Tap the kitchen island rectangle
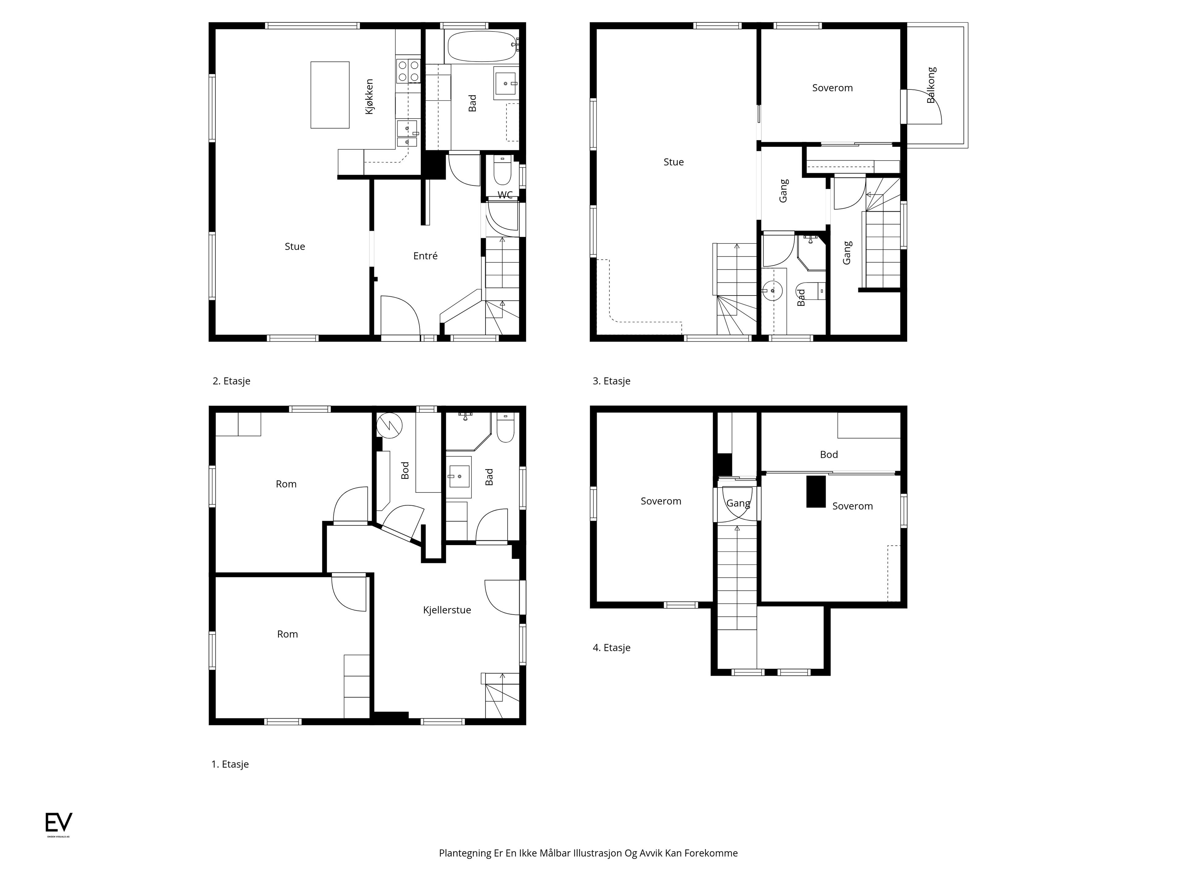(x=330, y=95)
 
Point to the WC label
(x=505, y=195)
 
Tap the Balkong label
(x=931, y=85)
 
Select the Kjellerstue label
(x=447, y=610)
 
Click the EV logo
(x=59, y=823)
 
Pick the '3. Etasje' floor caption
(x=611, y=381)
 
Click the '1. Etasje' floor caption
(x=230, y=764)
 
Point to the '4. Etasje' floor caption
(x=611, y=648)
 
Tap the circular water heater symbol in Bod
(x=390, y=426)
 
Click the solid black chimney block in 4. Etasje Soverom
(x=816, y=491)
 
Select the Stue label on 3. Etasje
(x=674, y=162)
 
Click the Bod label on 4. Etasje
(x=829, y=455)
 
